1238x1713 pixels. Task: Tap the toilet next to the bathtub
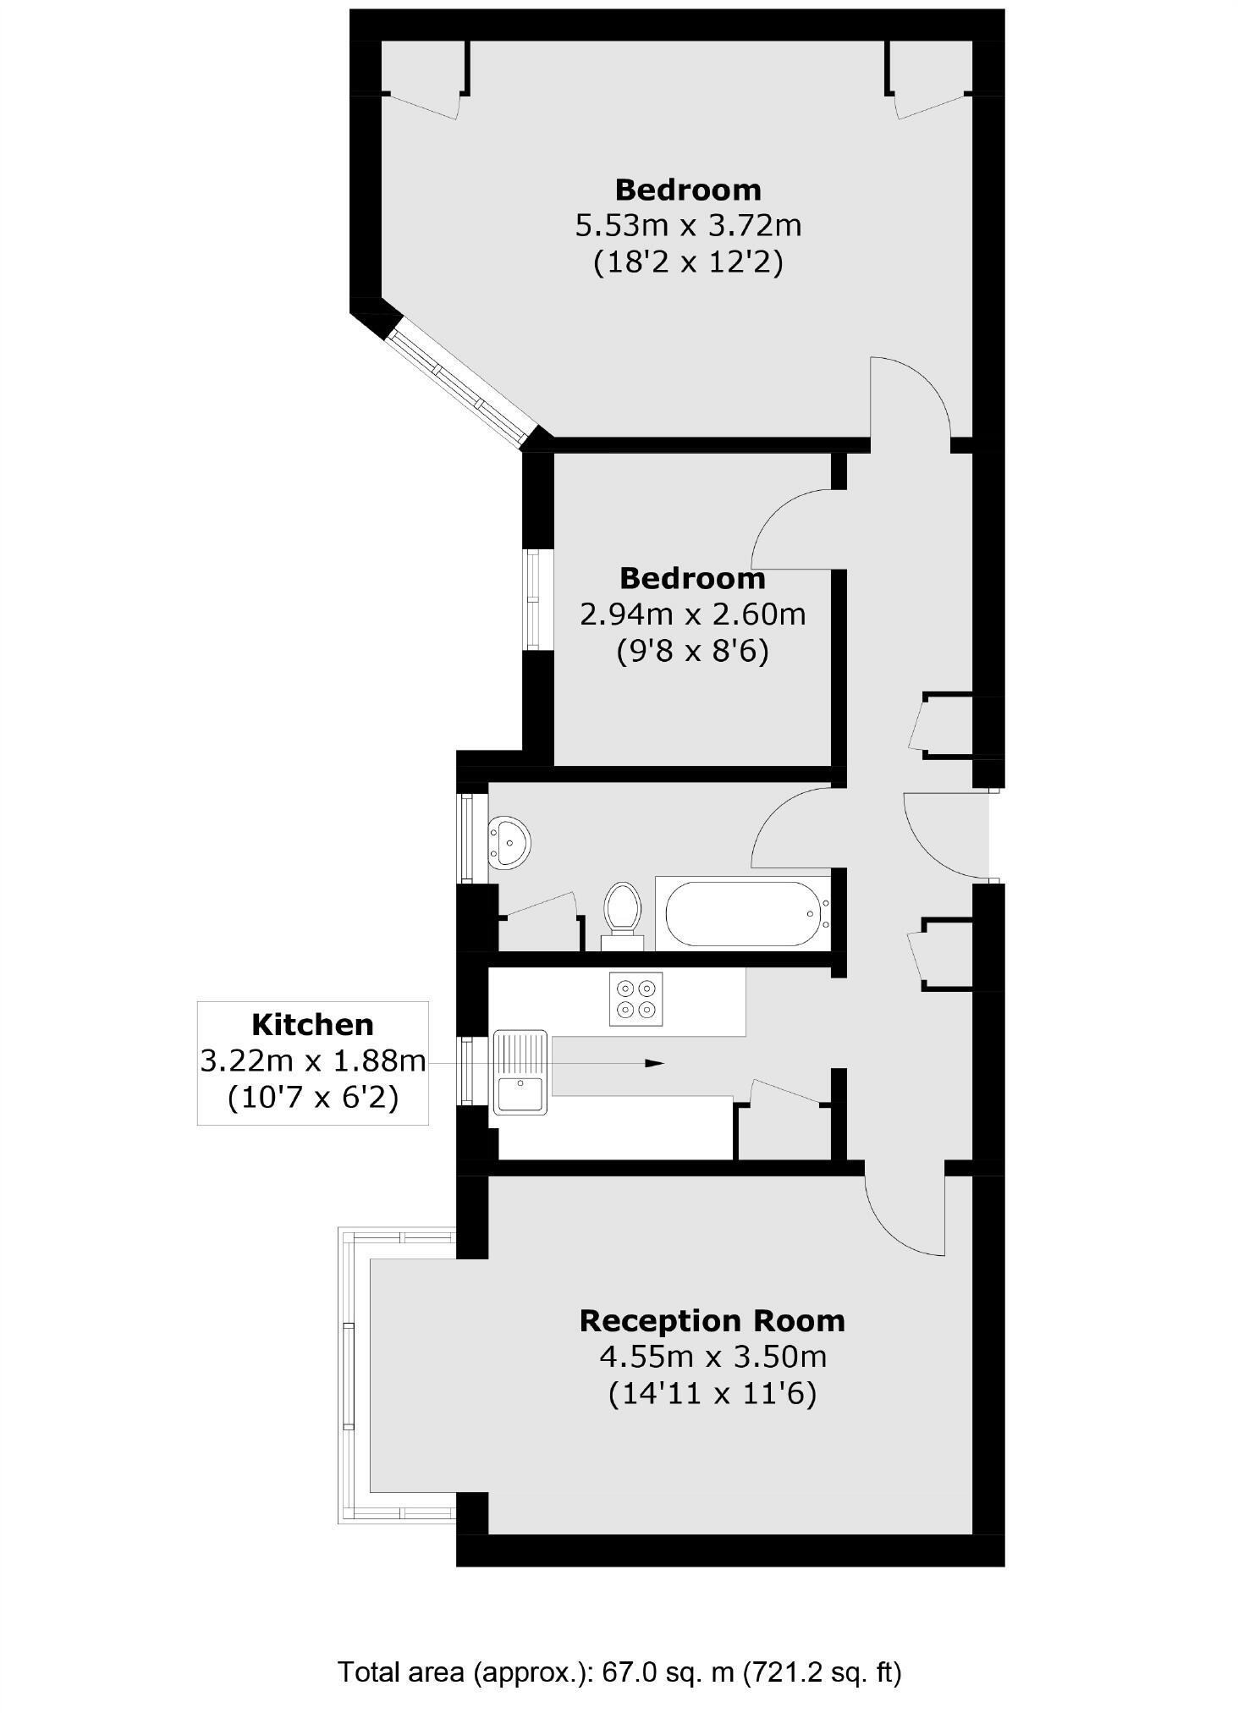point(623,912)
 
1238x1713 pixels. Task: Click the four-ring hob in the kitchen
point(636,999)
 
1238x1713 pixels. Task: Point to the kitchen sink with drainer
point(520,1072)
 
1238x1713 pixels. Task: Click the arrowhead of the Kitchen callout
point(655,1063)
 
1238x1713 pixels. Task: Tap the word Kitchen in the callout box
point(312,1025)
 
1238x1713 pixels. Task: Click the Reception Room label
point(712,1320)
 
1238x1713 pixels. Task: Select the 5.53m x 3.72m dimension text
point(688,226)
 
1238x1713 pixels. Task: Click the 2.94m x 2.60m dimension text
point(692,614)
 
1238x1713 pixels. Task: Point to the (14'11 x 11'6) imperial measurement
point(712,1393)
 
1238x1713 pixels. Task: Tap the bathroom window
point(465,838)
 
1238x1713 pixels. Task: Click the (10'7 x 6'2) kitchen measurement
point(312,1098)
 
